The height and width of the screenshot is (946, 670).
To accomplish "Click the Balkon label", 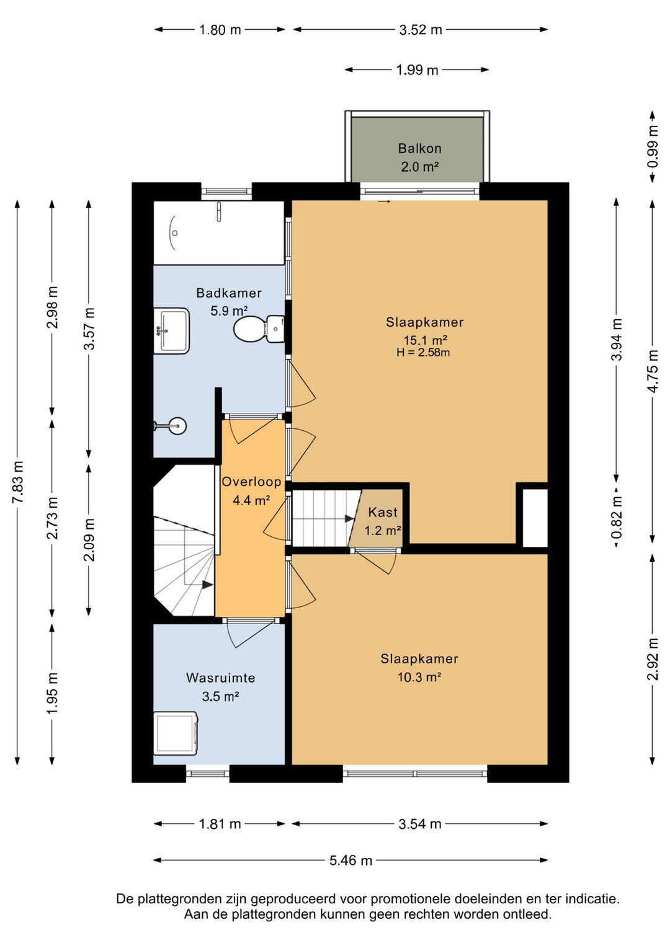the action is point(419,148).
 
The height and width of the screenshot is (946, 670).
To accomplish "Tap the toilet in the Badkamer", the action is point(259,329).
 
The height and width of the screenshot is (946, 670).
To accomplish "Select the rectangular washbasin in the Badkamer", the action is point(171,330).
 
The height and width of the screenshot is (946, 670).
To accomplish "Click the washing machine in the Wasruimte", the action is point(176,733).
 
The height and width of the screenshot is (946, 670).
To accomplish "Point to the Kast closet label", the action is point(383,512).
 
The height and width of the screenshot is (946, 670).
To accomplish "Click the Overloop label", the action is point(251,482).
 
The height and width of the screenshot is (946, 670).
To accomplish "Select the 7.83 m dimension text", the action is point(18,482).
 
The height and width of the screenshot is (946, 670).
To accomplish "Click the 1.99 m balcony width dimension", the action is point(417,70).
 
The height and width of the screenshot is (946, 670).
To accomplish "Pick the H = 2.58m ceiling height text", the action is point(423,352).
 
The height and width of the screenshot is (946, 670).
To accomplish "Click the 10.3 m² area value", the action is point(419,678).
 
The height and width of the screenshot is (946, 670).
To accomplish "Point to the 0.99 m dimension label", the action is point(653,146).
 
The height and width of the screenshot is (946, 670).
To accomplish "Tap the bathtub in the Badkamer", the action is point(218,232).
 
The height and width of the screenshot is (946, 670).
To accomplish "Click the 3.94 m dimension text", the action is point(617,339).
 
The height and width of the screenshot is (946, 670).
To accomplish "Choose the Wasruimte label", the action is point(221,678).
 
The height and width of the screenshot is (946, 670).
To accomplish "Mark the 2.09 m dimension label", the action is point(89,540).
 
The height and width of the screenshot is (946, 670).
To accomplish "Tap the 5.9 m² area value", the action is point(229,311).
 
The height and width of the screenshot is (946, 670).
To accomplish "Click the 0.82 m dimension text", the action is point(617,517).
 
